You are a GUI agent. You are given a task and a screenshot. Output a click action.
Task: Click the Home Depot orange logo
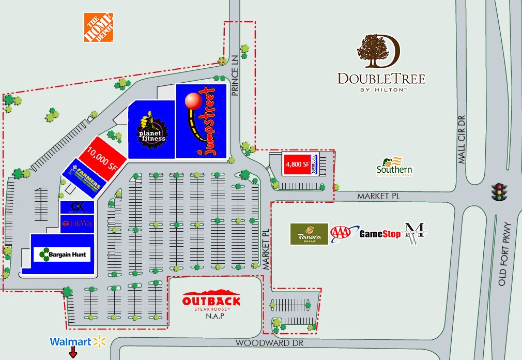tap(99, 28)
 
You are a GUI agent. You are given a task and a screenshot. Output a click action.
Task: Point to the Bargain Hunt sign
tap(63, 254)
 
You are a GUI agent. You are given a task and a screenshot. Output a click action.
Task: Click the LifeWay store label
tap(77, 223)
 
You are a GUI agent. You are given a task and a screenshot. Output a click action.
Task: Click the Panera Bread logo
tap(309, 234)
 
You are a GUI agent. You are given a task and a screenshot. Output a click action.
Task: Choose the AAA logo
tap(343, 233)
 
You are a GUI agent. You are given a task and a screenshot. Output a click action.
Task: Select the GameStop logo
tap(380, 234)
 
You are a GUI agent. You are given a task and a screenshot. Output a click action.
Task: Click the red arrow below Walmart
tap(73, 353)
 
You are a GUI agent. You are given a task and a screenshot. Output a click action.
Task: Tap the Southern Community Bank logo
tap(394, 167)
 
